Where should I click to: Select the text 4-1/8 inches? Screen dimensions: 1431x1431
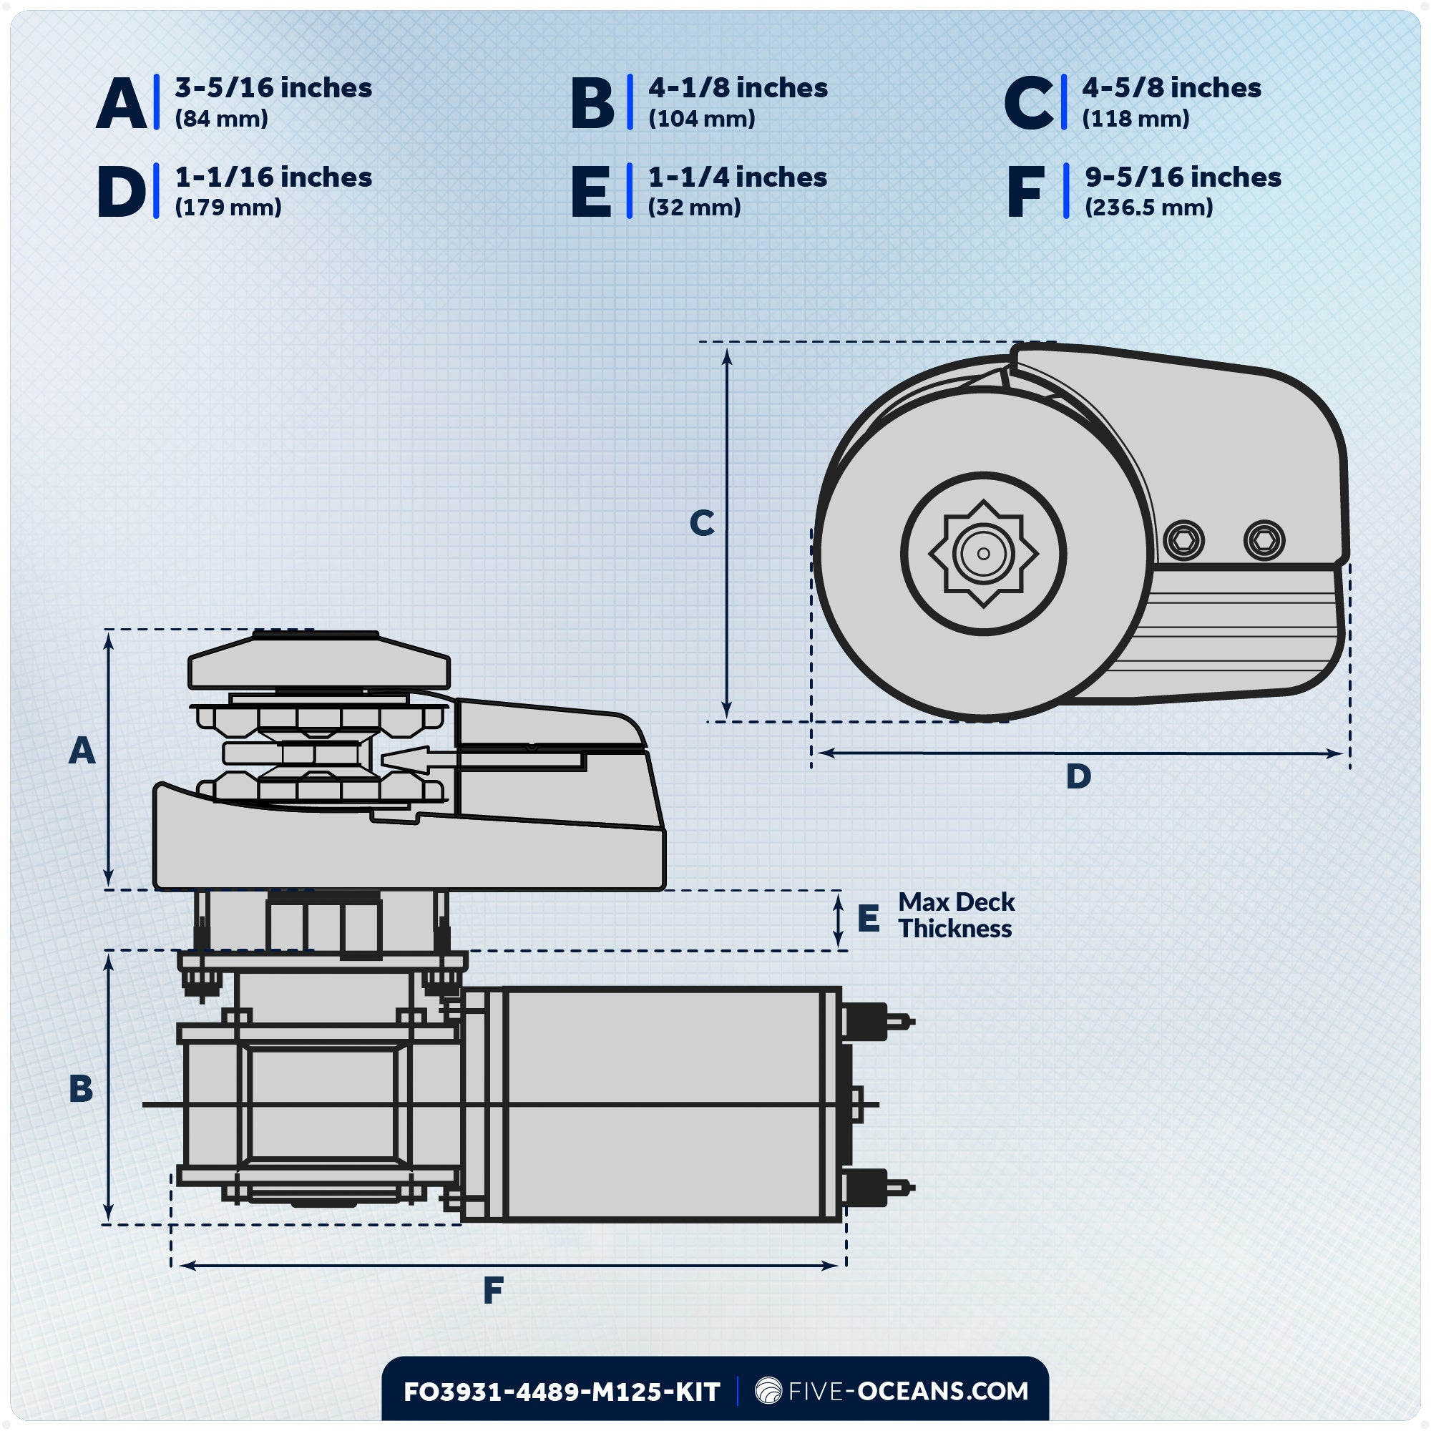click(x=738, y=88)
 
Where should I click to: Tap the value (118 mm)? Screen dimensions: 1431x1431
click(x=1135, y=119)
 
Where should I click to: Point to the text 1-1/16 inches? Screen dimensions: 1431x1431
click(x=273, y=177)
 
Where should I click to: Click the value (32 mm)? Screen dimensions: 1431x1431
click(x=694, y=207)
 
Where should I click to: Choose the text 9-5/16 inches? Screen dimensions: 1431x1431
click(x=1183, y=177)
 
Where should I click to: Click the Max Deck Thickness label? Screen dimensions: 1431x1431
click(x=955, y=916)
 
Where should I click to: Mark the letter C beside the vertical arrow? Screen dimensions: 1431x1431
click(x=701, y=523)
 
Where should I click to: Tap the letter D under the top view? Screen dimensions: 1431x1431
click(x=1078, y=777)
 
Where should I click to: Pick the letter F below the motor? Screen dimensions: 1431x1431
click(x=493, y=1291)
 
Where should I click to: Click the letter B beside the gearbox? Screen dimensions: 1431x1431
click(x=81, y=1089)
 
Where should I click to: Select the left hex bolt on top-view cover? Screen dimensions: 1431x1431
click(x=1183, y=540)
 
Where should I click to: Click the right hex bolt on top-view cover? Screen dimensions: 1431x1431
click(x=1264, y=540)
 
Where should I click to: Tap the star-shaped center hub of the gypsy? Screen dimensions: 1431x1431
click(x=983, y=554)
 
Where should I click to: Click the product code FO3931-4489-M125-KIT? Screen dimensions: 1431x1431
click(x=562, y=1392)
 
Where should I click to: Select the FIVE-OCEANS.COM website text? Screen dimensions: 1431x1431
click(x=907, y=1391)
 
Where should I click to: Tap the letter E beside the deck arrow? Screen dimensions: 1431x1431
click(x=868, y=919)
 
